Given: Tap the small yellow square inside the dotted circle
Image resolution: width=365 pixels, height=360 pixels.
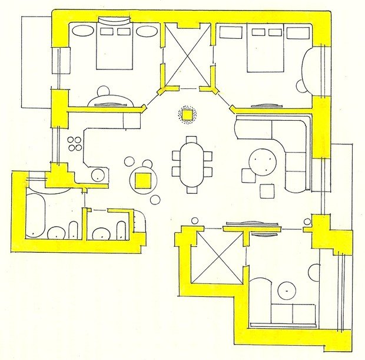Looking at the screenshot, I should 187,114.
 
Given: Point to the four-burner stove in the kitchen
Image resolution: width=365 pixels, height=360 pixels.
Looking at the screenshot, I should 75,143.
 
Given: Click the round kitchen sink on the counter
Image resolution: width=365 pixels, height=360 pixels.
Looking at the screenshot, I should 97,174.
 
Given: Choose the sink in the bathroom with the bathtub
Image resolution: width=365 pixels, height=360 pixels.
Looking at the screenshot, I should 56,233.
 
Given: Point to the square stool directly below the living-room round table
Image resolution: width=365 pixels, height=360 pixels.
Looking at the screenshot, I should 267,191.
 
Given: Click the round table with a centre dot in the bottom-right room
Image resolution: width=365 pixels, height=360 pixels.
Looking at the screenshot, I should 287,291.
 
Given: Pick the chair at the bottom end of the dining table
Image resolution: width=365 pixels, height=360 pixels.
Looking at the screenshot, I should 192,189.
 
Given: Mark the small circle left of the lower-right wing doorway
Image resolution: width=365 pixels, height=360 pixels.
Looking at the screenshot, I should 195,221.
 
